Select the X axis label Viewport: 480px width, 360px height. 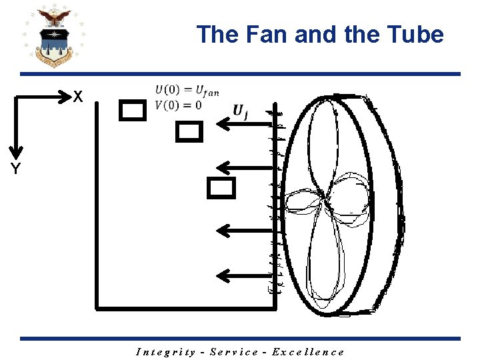coord(78,97)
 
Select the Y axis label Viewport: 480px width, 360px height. coord(15,169)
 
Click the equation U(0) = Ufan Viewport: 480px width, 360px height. coord(187,91)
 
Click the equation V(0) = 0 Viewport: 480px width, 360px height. coord(178,105)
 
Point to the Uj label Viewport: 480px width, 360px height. coord(241,111)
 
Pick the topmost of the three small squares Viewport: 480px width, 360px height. coord(132,110)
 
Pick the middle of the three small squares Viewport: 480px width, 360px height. coord(189,132)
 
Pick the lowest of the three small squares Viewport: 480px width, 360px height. coord(221,189)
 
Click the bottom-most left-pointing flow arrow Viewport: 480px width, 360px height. coord(245,275)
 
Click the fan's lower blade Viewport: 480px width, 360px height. coord(328,260)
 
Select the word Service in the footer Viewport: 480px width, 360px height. coord(233,352)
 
